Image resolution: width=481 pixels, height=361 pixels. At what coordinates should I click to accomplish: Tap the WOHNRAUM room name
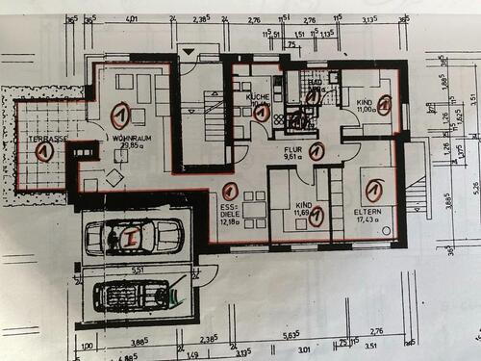[x=130, y=138]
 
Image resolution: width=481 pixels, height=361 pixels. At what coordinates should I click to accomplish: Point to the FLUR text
[x=292, y=151]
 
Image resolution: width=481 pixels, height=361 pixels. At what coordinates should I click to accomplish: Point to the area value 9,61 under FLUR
[x=292, y=160]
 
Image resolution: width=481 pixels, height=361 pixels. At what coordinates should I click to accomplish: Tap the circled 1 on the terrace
[x=43, y=151]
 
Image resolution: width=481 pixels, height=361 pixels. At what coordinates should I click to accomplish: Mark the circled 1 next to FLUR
[x=316, y=150]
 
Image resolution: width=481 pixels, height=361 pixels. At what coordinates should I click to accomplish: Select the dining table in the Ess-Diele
[x=253, y=209]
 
